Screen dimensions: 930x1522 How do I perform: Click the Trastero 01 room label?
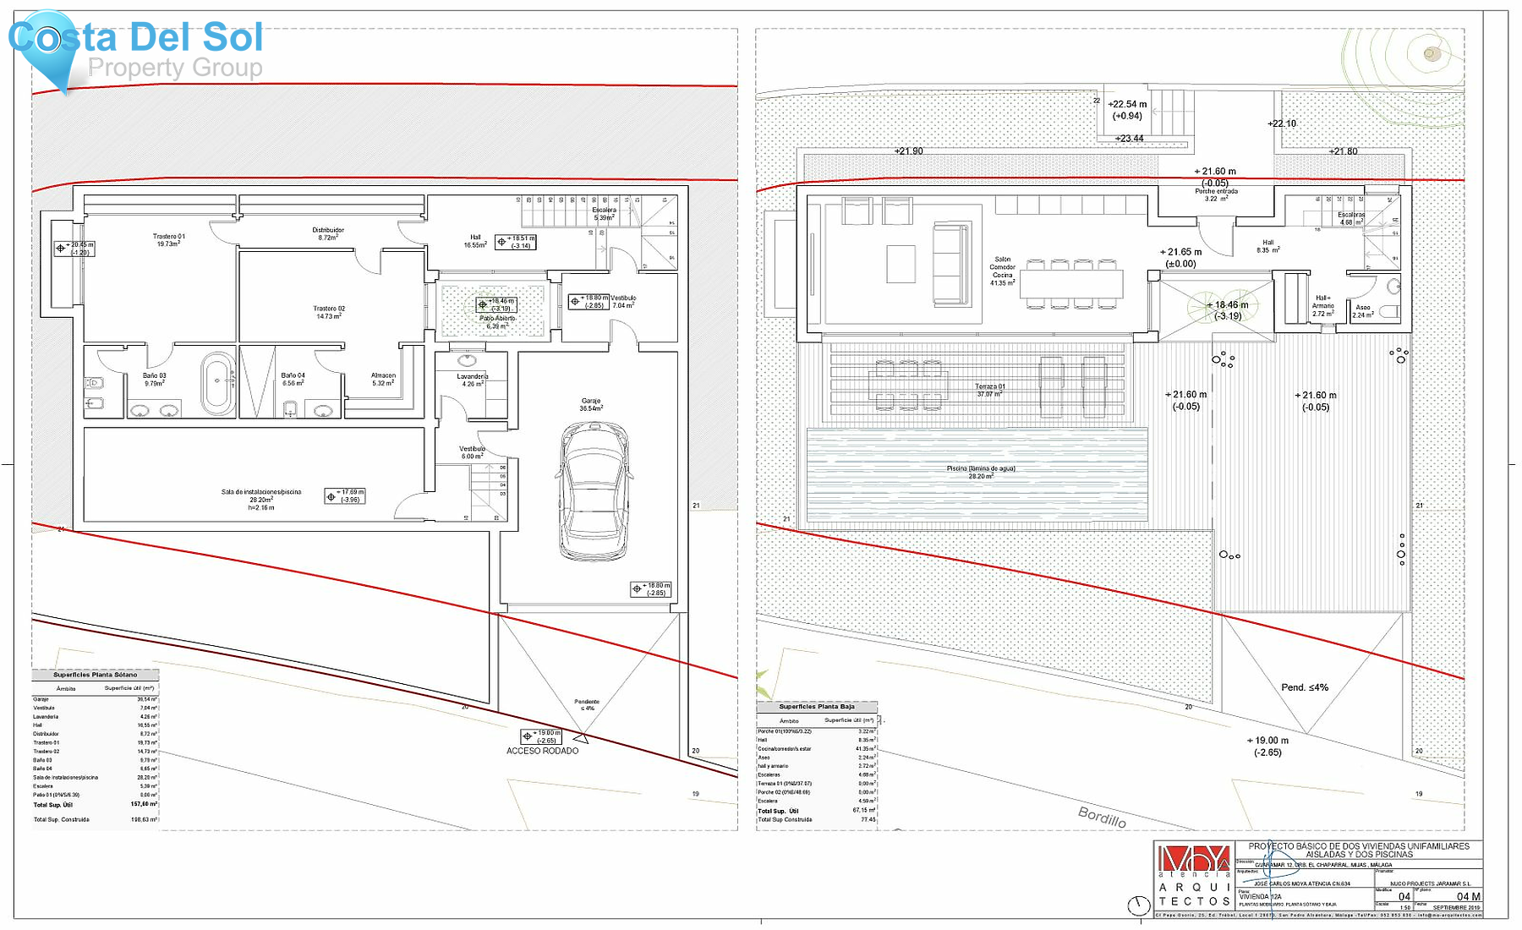pos(168,240)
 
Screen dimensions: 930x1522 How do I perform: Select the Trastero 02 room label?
pos(329,312)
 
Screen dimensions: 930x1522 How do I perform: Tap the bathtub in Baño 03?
pos(218,384)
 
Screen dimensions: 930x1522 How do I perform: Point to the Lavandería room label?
pos(473,380)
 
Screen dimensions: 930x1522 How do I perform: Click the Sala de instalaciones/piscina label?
pos(261,495)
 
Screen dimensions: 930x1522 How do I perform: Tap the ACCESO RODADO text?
pos(542,751)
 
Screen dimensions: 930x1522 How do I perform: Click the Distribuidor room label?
pos(328,233)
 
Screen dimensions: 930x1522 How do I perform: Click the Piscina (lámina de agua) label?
pos(981,472)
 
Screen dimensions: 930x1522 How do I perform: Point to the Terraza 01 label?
pos(989,390)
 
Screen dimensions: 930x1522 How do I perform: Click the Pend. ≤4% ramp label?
pos(1305,687)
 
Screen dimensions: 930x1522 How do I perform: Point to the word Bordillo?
pos(1102,816)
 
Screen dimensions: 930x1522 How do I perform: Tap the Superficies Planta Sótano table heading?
pos(95,675)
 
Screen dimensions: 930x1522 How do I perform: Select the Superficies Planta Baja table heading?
pos(817,706)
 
